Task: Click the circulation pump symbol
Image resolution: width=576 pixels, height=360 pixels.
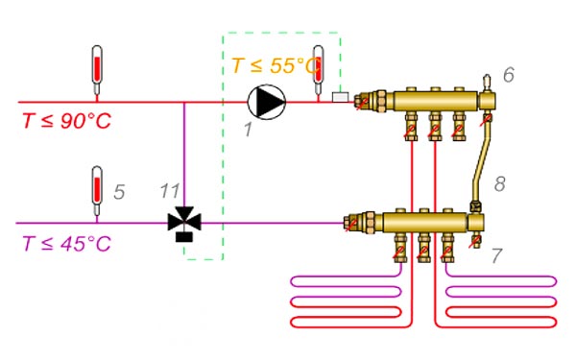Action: pos(267,102)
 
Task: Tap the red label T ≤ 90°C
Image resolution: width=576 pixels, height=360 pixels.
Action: pos(66,121)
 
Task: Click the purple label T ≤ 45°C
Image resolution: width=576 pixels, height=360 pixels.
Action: pos(66,243)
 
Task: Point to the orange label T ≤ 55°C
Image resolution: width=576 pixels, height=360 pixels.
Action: pos(276,65)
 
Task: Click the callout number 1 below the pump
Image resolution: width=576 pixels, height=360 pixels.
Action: pos(249,130)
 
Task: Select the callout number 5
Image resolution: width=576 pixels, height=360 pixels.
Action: pos(119,192)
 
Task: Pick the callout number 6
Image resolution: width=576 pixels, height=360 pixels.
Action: pos(509,75)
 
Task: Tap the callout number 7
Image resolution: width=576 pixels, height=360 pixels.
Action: pos(496,255)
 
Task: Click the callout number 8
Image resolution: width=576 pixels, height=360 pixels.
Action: pos(499,183)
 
